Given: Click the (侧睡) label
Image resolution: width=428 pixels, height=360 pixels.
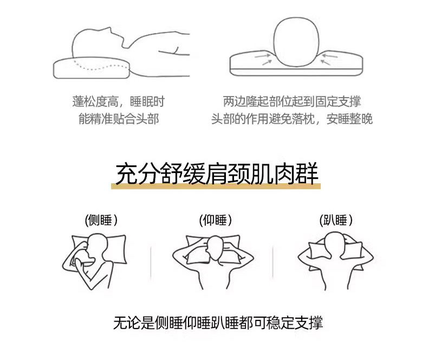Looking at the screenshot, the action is pos(101,220).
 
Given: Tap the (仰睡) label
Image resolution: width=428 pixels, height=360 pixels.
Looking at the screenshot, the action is pos(216,220).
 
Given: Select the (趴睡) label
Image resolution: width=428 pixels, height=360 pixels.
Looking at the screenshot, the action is pos(336,220).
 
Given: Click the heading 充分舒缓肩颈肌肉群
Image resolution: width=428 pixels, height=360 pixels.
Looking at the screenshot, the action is pos(217,173).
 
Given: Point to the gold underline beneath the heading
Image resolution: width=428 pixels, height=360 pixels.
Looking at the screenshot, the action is pos(216,187).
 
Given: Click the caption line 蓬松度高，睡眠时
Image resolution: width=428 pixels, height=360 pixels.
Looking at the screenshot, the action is pos(119,101).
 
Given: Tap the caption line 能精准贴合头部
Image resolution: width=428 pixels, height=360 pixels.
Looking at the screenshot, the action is pos(119,119).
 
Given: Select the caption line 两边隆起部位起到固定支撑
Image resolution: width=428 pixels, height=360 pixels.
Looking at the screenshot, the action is pos(292,101).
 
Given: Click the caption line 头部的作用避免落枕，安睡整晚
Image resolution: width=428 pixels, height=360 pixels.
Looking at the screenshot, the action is pos(292,119).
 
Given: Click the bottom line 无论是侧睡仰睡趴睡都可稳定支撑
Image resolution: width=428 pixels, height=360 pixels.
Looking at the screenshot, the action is pos(218,323).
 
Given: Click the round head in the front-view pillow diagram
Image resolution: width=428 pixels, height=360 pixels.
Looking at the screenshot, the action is pos(296,42).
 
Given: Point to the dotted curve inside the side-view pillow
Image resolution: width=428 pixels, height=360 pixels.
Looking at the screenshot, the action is pos(100,66).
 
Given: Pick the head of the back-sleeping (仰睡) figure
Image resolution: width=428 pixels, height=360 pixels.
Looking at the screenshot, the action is pos(216,248).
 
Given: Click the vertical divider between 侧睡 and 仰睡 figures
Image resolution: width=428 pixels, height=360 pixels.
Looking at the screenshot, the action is pos(151,262).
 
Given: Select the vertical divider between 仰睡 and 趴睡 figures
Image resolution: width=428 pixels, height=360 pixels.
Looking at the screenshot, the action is pos(273,262).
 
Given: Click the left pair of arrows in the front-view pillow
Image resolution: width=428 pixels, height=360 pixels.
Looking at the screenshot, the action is pos(263,59).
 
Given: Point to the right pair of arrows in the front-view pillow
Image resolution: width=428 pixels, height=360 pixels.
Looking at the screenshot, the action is pos(329,59).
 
